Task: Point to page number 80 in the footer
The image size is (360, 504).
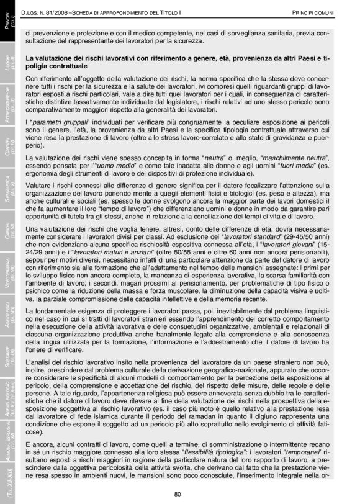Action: pos(178,493)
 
